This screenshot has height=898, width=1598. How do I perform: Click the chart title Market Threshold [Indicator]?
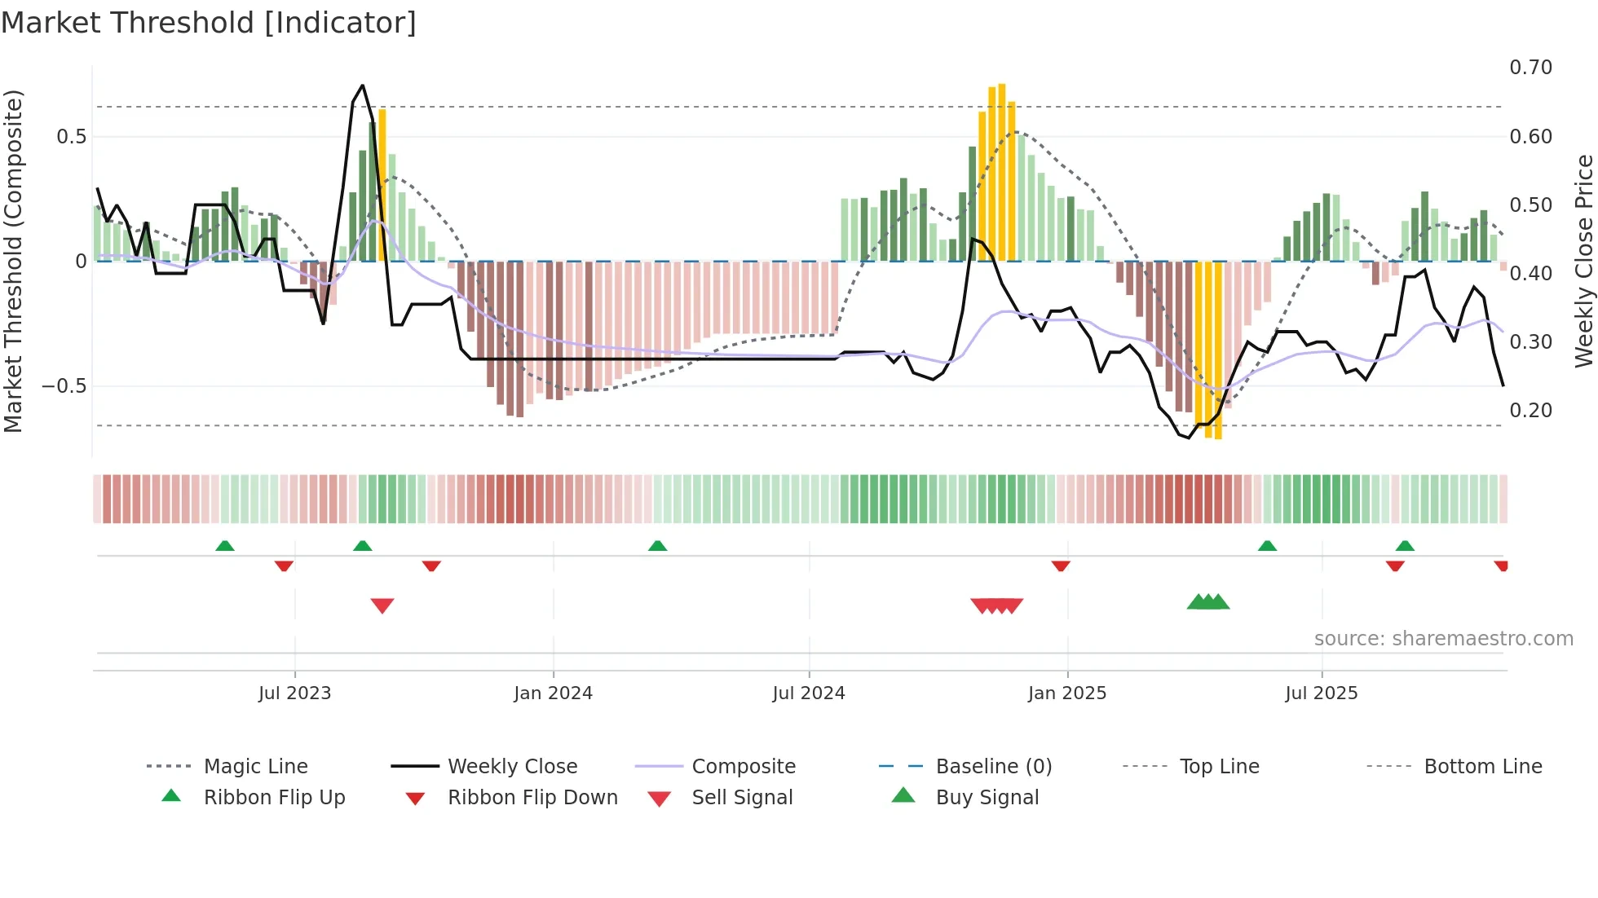pos(209,23)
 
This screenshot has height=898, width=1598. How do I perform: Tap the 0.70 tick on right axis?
pos(1530,68)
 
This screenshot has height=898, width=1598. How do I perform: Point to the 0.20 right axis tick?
pos(1530,411)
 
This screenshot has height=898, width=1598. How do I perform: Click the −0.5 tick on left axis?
pos(64,386)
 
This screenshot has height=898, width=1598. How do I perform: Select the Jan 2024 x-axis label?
pos(553,693)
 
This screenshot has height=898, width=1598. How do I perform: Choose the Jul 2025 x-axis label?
pos(1321,693)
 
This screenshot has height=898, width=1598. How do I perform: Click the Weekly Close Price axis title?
pos(1583,261)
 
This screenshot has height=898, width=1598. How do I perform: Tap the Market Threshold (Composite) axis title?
pos(13,261)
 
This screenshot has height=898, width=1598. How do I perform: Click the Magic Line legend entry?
pos(255,767)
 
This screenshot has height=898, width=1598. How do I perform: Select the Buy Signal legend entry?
pos(987,798)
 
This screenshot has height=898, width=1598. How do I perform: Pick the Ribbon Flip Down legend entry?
pos(532,798)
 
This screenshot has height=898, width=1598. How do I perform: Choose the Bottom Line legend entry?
pos(1482,767)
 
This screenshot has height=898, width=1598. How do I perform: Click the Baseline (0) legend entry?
pos(993,767)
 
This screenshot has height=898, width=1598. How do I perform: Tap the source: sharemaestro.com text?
pos(1443,639)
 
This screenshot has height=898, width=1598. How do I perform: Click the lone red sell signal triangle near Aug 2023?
pos(382,605)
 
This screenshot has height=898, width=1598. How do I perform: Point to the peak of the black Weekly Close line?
pos(362,86)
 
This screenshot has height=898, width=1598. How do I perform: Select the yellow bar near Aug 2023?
pos(382,185)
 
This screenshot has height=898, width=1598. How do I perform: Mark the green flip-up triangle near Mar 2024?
pos(657,545)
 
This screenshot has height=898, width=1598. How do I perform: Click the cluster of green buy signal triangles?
pos(1208,602)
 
